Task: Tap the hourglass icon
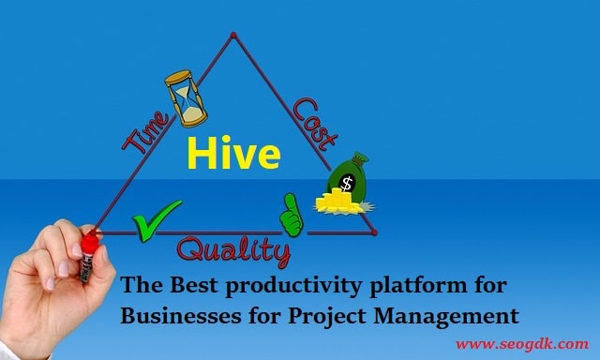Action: click(186, 98)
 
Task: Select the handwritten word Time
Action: click(146, 132)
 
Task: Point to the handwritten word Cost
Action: click(316, 123)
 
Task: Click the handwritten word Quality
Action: click(233, 252)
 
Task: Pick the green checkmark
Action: click(157, 220)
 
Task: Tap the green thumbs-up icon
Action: click(292, 215)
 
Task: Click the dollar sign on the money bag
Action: click(347, 183)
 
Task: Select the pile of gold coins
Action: click(338, 202)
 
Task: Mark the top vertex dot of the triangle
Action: click(233, 36)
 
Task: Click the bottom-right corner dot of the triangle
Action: click(374, 232)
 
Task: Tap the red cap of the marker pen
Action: click(90, 244)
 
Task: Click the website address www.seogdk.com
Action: click(522, 344)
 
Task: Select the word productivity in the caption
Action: click(293, 286)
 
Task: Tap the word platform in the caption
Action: click(418, 286)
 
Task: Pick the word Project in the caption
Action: click(327, 317)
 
